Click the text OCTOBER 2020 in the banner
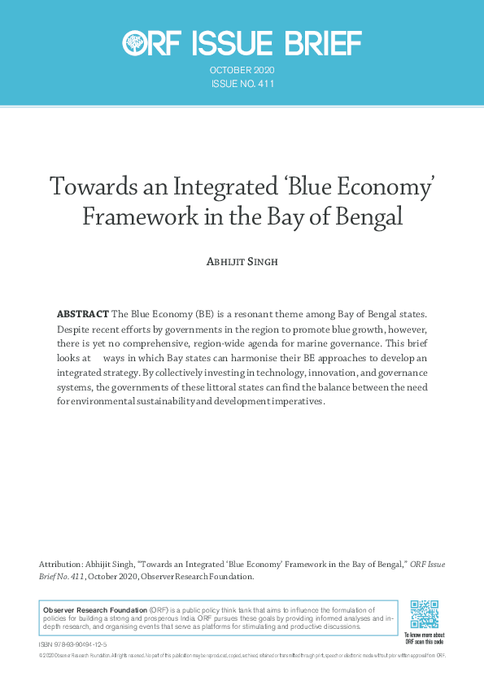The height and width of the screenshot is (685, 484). click(x=242, y=71)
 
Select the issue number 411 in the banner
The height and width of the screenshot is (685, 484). click(x=266, y=84)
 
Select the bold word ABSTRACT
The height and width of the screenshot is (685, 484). click(x=81, y=314)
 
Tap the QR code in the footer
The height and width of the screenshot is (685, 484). click(x=424, y=614)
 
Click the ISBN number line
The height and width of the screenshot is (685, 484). click(x=72, y=644)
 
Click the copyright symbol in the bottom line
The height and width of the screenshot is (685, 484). click(x=41, y=655)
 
